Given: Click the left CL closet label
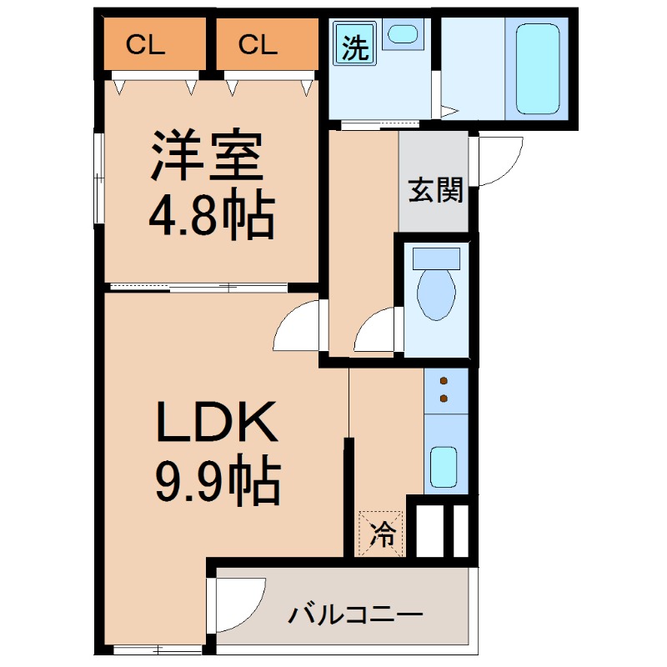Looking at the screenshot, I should tap(146, 45).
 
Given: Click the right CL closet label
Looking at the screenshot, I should tap(257, 45).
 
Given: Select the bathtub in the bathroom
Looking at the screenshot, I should tap(537, 68).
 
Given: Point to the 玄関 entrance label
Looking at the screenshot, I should tap(434, 192).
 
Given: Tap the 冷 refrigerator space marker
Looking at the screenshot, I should tap(382, 533).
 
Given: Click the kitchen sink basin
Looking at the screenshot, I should tap(444, 469).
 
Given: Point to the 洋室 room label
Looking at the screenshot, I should tap(207, 157).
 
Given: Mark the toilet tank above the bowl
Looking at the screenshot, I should tap(436, 256).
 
